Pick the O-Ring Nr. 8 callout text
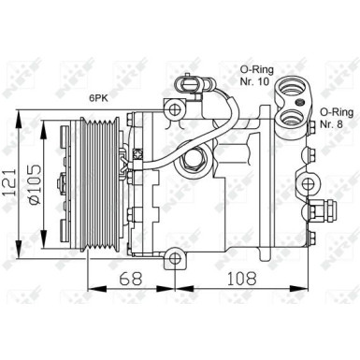point(333,117)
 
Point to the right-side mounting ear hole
point(307,181)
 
